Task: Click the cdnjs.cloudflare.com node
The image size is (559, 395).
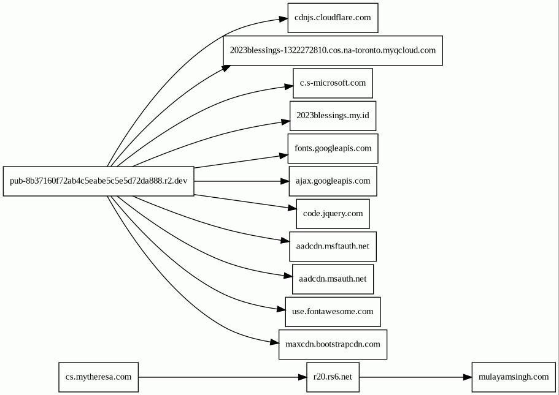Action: point(333,18)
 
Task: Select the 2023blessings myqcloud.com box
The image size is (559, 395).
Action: point(333,51)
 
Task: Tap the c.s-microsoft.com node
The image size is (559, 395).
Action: point(333,83)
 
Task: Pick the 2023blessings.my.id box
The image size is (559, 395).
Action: point(333,116)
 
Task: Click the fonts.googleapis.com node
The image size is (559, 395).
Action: point(333,149)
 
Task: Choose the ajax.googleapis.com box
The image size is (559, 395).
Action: point(333,181)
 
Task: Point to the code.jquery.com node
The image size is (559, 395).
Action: point(333,214)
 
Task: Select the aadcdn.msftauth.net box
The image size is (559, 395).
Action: point(333,247)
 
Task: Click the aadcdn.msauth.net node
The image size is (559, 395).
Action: point(333,279)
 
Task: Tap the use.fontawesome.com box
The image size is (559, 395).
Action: point(333,312)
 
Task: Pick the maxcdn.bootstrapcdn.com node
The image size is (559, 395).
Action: point(333,344)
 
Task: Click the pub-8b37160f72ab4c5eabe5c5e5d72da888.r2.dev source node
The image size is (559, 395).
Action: point(98,181)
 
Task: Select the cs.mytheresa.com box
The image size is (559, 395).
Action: point(98,377)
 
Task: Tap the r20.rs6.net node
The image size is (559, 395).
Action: point(333,377)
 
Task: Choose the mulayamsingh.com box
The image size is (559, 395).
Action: point(514,377)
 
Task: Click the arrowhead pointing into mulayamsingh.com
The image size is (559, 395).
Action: point(468,377)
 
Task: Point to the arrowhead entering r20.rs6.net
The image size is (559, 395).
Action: point(302,377)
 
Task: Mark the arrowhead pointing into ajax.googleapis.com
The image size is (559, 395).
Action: point(285,181)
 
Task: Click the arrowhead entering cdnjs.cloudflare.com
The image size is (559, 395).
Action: point(283,19)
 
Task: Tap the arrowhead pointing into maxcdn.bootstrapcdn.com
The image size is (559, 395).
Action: point(274,342)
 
